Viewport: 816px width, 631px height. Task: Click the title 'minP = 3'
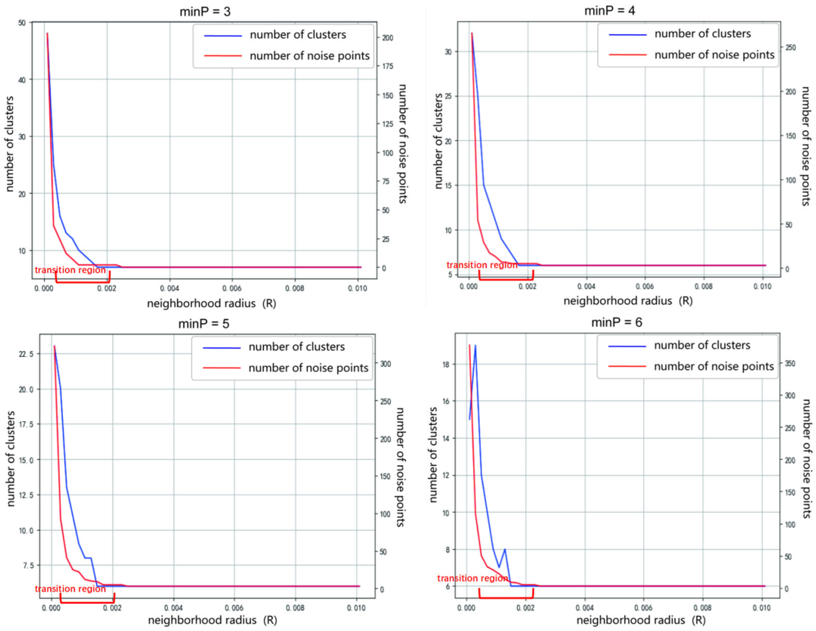click(205, 12)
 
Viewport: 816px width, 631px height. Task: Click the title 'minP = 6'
click(616, 322)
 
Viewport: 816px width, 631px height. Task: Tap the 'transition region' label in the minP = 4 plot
click(482, 265)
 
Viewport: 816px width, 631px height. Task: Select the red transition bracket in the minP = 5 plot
click(87, 602)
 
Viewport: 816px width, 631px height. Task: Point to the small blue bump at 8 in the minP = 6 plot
click(505, 549)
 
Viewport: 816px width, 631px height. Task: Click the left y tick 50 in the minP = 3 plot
click(22, 23)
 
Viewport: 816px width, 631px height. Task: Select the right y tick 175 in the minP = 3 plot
click(388, 66)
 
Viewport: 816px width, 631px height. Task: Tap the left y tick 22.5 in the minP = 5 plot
click(26, 354)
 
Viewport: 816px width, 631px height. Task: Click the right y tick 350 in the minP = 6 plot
click(789, 363)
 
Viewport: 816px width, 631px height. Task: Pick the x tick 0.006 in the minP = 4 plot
click(645, 286)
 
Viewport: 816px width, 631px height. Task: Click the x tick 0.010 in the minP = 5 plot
click(356, 608)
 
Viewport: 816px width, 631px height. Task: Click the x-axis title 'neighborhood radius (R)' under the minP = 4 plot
click(628, 301)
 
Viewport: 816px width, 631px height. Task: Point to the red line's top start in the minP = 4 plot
click(471, 33)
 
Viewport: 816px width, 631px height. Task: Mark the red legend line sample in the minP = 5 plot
click(222, 368)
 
